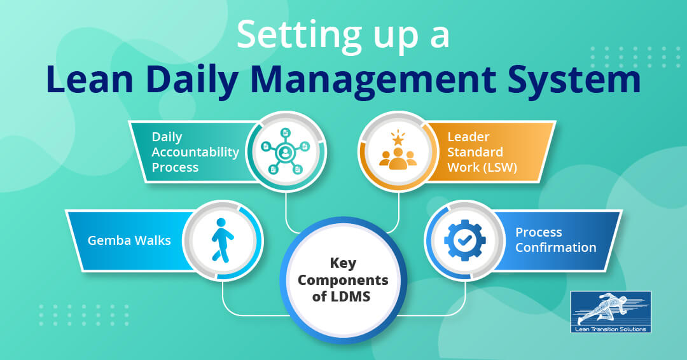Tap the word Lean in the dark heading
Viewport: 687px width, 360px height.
tap(90, 80)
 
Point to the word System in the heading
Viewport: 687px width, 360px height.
tap(574, 81)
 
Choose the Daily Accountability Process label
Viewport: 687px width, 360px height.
tap(195, 152)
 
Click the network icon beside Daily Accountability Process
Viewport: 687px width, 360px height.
tap(286, 151)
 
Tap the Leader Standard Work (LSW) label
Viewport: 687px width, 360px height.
tap(482, 152)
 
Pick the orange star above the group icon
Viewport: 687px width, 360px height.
tap(398, 139)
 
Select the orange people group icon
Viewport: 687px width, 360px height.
tap(398, 158)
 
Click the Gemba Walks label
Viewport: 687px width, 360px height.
tap(129, 240)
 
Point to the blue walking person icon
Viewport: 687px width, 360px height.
tap(222, 240)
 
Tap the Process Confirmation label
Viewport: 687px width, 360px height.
tap(555, 240)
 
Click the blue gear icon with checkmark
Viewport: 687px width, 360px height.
tap(465, 240)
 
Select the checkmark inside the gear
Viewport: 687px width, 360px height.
tap(465, 240)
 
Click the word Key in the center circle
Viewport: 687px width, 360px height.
tap(343, 263)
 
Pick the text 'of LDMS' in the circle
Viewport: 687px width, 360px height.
tap(342, 296)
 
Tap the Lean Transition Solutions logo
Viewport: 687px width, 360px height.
tap(611, 312)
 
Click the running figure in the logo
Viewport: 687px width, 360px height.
tap(601, 308)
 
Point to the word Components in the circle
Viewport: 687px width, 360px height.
tap(343, 280)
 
